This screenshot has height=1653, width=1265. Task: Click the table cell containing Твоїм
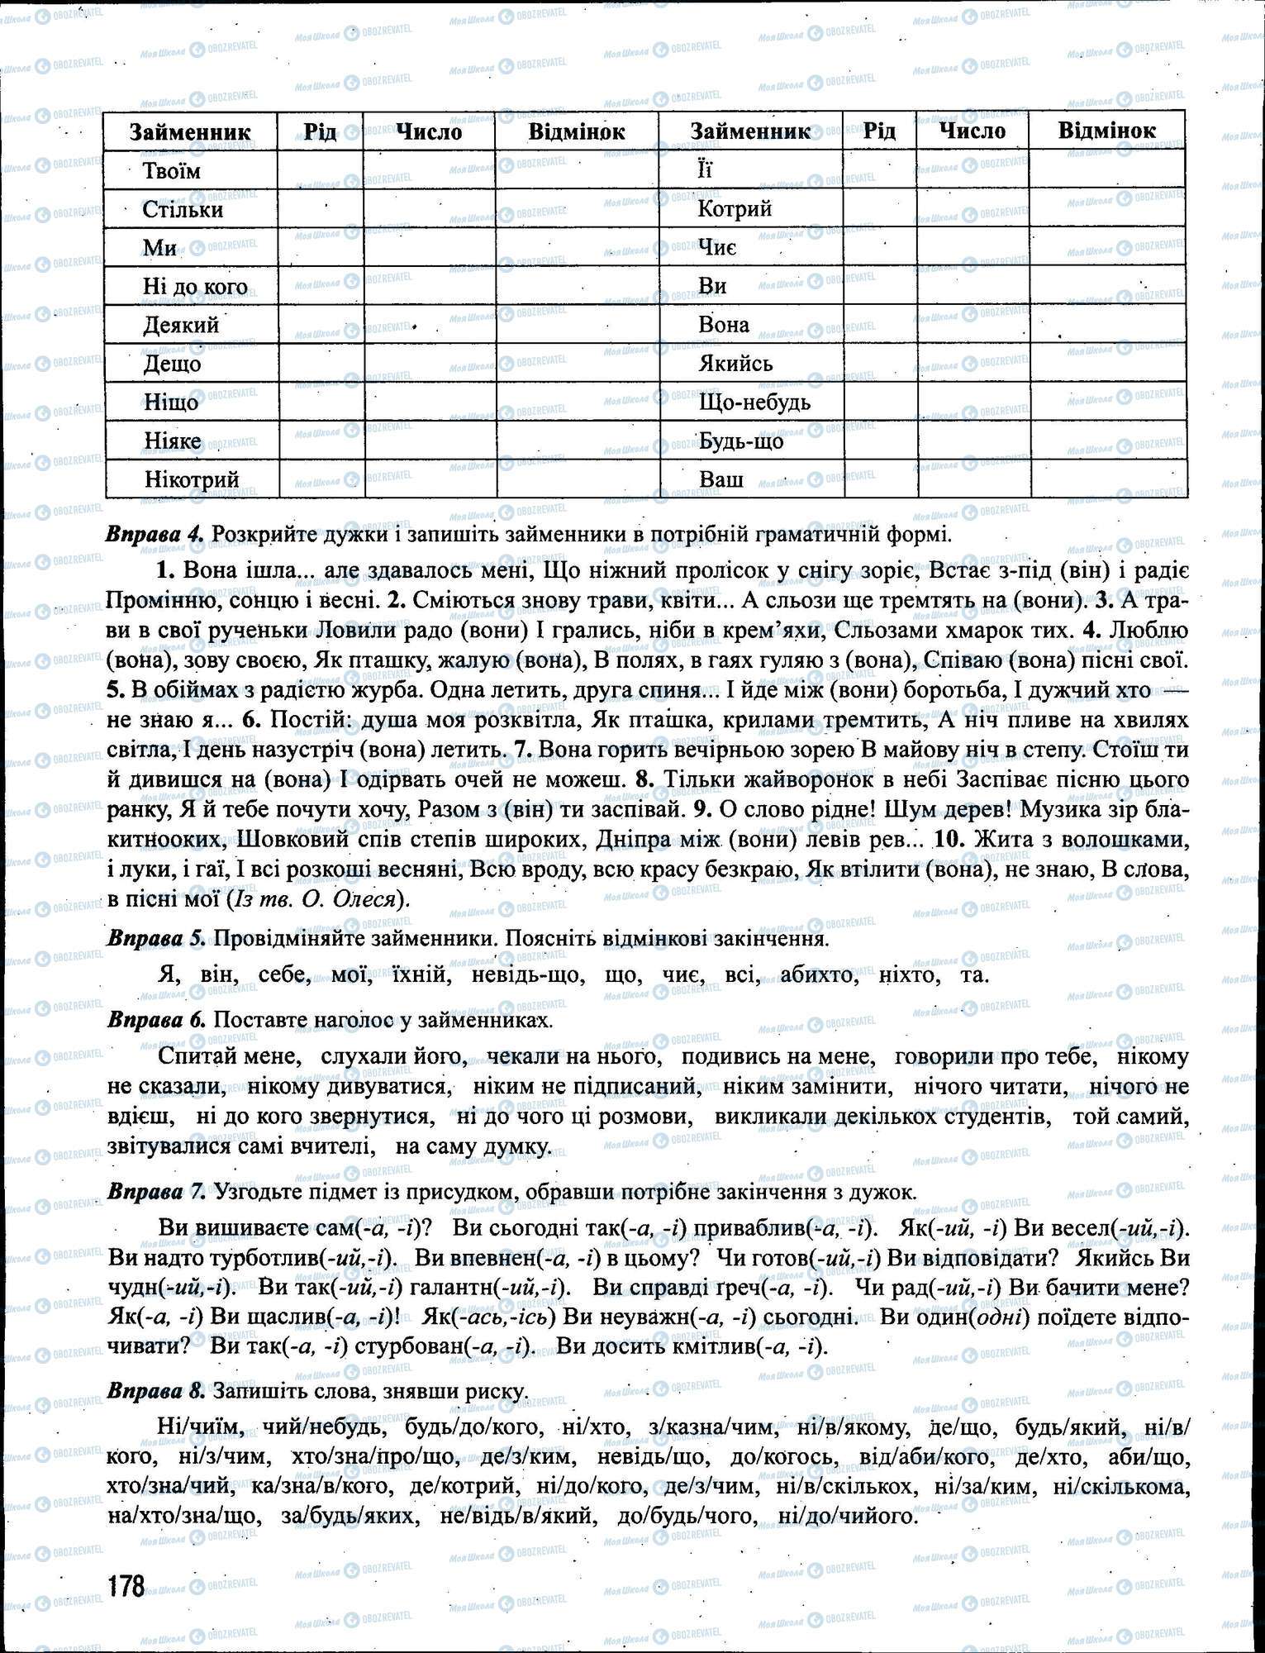(x=172, y=171)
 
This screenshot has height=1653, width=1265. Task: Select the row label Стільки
(x=183, y=209)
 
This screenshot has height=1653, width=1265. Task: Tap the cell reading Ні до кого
(x=195, y=287)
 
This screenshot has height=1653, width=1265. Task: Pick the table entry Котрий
(x=735, y=208)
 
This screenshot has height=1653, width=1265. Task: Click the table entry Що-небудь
(x=754, y=403)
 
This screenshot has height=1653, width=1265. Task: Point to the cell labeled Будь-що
(x=740, y=441)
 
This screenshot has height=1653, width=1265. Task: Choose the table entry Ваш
(x=720, y=479)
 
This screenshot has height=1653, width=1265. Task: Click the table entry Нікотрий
(x=191, y=479)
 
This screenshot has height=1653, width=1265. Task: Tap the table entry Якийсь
(x=735, y=364)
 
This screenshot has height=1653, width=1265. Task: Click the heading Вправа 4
(x=155, y=534)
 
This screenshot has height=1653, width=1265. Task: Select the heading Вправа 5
(x=155, y=939)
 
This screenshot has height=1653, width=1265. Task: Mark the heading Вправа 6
(x=155, y=1020)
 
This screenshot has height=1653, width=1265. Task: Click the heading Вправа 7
(x=155, y=1192)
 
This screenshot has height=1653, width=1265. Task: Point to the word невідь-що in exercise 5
(x=527, y=975)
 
